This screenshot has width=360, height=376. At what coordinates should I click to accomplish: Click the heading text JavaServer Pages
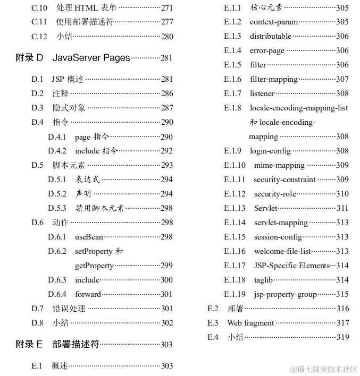point(91,58)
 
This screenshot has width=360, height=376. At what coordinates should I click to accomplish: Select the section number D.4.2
point(57,151)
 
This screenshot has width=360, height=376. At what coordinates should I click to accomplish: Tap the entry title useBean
point(89,237)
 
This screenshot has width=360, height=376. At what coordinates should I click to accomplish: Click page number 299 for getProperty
point(166,266)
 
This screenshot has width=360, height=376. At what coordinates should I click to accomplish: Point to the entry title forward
point(88,294)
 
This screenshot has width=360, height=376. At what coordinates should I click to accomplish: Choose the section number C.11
point(39,22)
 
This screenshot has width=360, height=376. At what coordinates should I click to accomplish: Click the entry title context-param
point(274,22)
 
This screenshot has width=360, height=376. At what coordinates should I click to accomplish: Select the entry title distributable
point(271,36)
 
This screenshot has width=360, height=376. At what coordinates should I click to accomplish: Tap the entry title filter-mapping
point(274,79)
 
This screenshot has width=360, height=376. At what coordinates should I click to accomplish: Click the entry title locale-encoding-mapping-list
point(299,108)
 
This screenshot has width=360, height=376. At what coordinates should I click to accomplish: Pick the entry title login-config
point(270,151)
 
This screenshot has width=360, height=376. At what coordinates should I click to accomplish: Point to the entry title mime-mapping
point(279,165)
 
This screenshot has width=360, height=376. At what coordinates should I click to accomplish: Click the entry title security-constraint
point(284,180)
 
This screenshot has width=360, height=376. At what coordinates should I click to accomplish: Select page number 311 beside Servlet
point(342,208)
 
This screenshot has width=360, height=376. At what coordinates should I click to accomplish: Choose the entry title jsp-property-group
point(285,294)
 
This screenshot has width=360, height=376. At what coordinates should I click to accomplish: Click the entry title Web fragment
point(250,323)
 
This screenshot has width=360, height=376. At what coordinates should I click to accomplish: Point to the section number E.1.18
point(235,280)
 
